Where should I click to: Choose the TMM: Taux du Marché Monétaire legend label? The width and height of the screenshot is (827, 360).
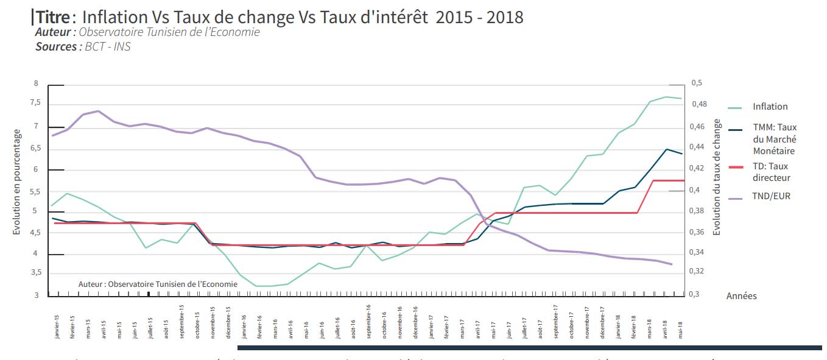pyautogui.click(x=774, y=139)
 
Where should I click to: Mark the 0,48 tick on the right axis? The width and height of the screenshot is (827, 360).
pyautogui.click(x=699, y=105)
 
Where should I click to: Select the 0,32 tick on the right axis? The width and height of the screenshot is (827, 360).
pyautogui.click(x=699, y=272)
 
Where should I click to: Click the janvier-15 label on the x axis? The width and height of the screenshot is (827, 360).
pyautogui.click(x=57, y=327)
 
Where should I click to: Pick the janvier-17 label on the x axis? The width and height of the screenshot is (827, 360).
pyautogui.click(x=431, y=327)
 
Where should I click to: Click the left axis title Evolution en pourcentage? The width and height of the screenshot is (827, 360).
pyautogui.click(x=17, y=182)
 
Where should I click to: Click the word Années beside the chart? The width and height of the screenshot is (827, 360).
pyautogui.click(x=741, y=296)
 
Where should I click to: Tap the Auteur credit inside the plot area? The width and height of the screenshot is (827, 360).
pyautogui.click(x=158, y=284)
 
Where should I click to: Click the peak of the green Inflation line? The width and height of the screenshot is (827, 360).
pyautogui.click(x=666, y=97)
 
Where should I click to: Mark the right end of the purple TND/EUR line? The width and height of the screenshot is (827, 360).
pyautogui.click(x=671, y=264)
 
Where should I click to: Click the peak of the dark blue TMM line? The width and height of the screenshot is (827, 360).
pyautogui.click(x=666, y=149)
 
